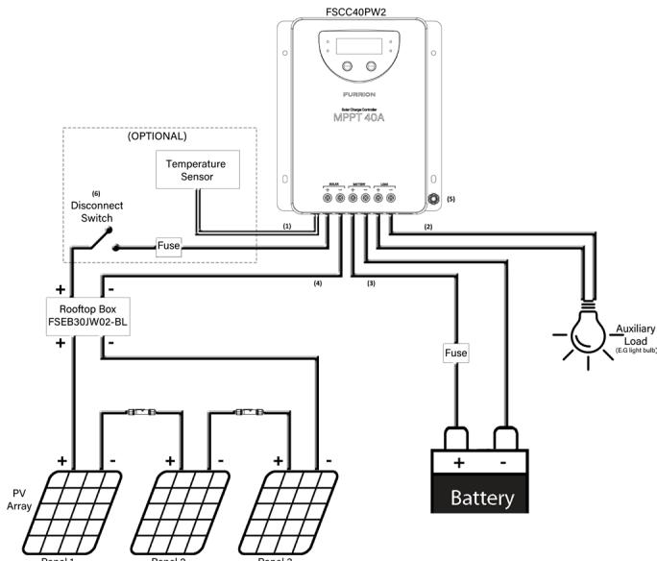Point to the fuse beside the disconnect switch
click(169, 245)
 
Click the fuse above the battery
click(455, 354)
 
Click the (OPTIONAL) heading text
click(158, 137)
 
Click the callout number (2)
click(427, 227)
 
